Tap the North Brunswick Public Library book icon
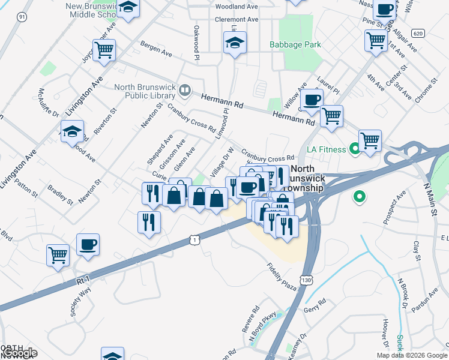(185, 91)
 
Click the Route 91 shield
(22, 17)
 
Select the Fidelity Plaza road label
(282, 277)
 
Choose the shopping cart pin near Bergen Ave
(104, 51)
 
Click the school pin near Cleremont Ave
(235, 43)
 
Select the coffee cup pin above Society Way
(88, 245)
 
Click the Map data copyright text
(412, 355)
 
